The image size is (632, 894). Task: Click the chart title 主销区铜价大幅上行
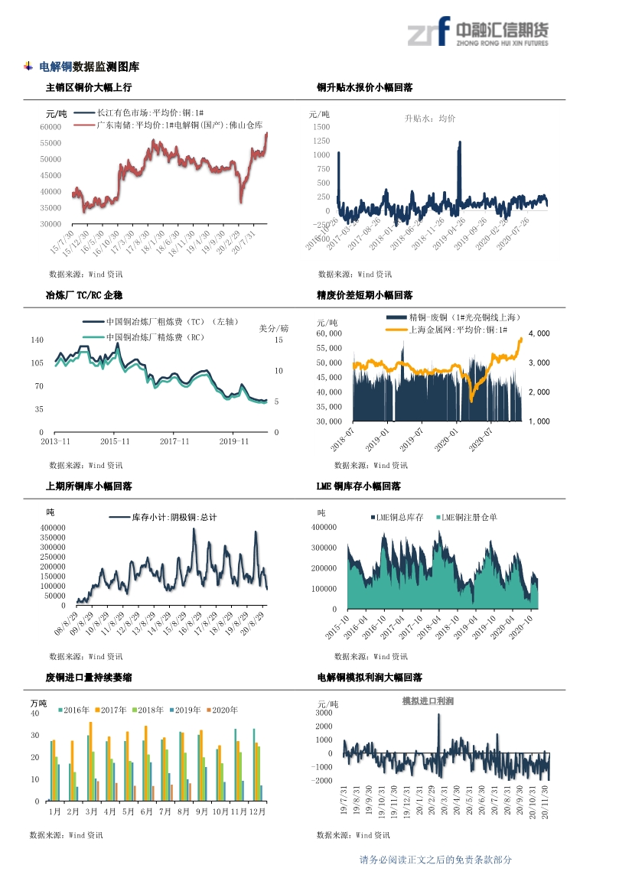tap(89, 88)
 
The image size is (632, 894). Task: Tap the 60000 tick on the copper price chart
tap(50, 127)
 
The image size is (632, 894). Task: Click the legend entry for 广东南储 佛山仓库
tap(168, 125)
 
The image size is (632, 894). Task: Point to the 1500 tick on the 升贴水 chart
tap(321, 127)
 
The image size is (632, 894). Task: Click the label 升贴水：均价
tap(429, 119)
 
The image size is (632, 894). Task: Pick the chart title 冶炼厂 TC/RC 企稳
tap(84, 295)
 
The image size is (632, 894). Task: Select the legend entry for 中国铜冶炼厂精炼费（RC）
tap(155, 336)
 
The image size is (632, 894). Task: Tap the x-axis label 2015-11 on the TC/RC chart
tap(115, 441)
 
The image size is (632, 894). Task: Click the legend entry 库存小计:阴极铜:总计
tap(174, 518)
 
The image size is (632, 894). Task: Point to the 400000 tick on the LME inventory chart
tap(324, 528)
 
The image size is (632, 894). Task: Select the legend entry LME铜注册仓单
tap(469, 518)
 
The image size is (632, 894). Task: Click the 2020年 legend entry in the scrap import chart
tap(223, 710)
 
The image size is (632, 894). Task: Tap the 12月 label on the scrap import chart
tap(256, 811)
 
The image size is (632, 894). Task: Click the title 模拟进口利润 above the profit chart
tap(428, 701)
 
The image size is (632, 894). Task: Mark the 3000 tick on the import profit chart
tap(324, 713)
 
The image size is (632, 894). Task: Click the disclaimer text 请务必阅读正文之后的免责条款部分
tap(435, 860)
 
